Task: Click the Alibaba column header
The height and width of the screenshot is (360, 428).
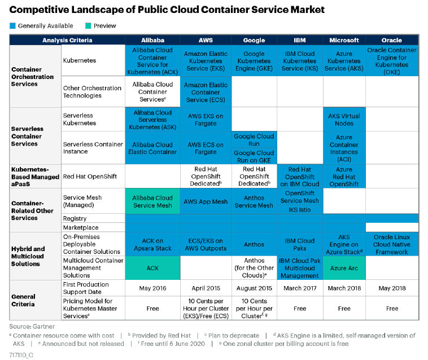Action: pos(152,40)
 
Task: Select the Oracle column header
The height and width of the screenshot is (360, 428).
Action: pos(392,40)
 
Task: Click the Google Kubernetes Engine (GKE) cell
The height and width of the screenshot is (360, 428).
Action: pos(254,61)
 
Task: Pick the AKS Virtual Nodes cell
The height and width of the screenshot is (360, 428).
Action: pos(344,120)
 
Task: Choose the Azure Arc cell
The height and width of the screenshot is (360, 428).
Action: pos(344,268)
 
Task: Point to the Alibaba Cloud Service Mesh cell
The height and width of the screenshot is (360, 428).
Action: pos(152,201)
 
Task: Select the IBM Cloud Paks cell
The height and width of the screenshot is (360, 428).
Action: pos(299,244)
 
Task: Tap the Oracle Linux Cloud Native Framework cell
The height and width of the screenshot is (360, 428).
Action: pos(392,244)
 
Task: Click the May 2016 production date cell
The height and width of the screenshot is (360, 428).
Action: pos(152,288)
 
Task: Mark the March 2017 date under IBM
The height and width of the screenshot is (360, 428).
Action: pos(299,288)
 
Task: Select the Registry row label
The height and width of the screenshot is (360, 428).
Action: pos(75,218)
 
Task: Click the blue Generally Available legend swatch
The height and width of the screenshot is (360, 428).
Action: pos(12,25)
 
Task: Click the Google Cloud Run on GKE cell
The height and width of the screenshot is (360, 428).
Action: pos(254,157)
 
